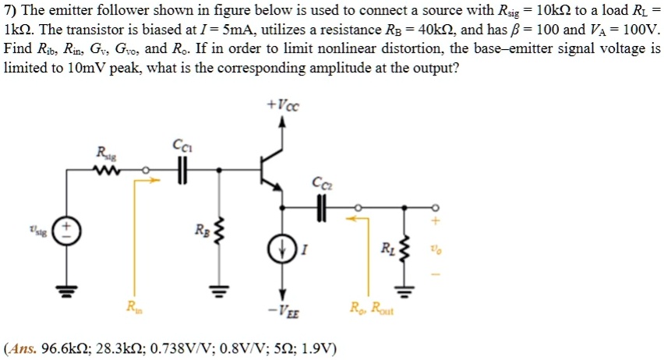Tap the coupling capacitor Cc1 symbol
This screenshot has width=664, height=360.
[x=182, y=168]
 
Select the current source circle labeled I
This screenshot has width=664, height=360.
[x=281, y=249]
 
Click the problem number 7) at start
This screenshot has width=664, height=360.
[x=10, y=9]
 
